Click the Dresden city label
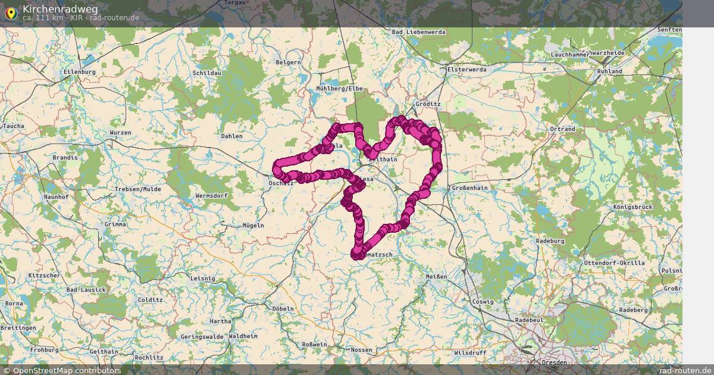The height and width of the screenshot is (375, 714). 555,362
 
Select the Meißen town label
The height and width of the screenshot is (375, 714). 436,276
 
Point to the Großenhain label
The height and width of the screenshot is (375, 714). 469,188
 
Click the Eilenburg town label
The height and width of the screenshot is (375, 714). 79,72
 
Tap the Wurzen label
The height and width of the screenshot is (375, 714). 120,132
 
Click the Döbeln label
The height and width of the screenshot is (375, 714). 283,309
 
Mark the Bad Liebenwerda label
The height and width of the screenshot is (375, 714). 419,32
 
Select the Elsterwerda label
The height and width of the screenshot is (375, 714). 466,70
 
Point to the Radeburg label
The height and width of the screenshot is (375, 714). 550,241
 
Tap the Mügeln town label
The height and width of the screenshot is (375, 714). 253,226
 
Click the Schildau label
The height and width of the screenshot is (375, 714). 207,73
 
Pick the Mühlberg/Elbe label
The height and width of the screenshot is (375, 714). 339,89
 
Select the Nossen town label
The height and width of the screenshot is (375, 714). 362,350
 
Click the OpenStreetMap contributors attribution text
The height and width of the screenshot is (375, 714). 67,370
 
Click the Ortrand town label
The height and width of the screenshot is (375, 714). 562,129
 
